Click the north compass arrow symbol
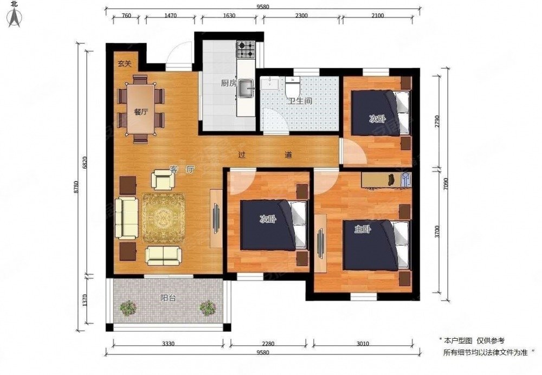[15, 17]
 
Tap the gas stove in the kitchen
[246, 49]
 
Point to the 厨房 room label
[229, 83]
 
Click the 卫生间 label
[300, 101]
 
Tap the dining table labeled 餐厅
[140, 109]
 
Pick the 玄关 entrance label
[124, 63]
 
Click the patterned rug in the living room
[164, 218]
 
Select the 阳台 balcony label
[168, 298]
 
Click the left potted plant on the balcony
[128, 307]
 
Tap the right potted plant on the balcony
[208, 308]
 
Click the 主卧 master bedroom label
[362, 229]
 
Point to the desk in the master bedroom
[386, 180]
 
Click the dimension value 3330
[168, 344]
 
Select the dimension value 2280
[268, 344]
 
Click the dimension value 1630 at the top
[229, 16]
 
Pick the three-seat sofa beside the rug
[126, 218]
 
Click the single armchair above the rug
[163, 179]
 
